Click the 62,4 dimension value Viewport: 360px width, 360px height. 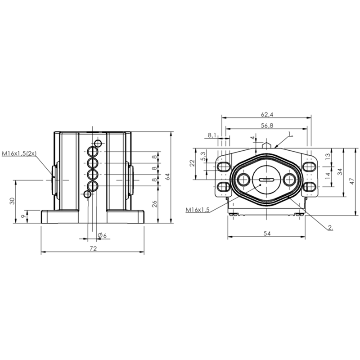pyautogui.click(x=267, y=114)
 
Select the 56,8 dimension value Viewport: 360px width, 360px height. pyautogui.click(x=267, y=126)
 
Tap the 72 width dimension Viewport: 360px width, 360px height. pyautogui.click(x=93, y=248)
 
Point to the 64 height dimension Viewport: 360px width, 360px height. pyautogui.click(x=167, y=176)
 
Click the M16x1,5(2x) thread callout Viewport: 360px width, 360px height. pyautogui.click(x=19, y=153)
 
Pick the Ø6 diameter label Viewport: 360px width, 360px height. pyautogui.click(x=102, y=235)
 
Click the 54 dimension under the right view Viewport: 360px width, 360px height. pyautogui.click(x=267, y=234)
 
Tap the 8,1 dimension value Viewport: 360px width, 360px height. pyautogui.click(x=212, y=135)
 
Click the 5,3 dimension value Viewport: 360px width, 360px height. pyautogui.click(x=203, y=156)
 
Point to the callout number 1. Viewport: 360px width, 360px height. pyautogui.click(x=290, y=134)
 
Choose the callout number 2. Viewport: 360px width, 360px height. pyautogui.click(x=330, y=228)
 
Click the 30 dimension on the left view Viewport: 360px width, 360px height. pyautogui.click(x=13, y=201)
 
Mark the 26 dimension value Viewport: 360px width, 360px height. pyautogui.click(x=155, y=204)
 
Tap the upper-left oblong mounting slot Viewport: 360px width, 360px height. pyautogui.click(x=223, y=166)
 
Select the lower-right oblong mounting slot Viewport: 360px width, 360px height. pyautogui.click(x=309, y=187)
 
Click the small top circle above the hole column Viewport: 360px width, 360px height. pyautogui.click(x=98, y=144)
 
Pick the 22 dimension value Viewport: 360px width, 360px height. pyautogui.click(x=192, y=163)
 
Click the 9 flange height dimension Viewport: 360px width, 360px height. pyautogui.click(x=22, y=216)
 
